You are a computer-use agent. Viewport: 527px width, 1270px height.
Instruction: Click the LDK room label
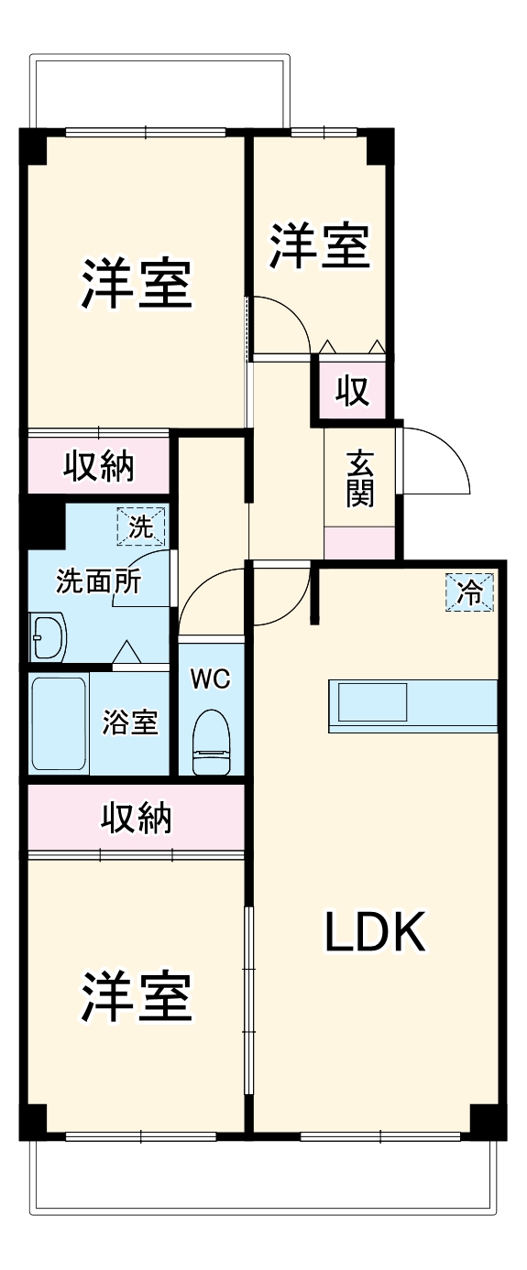(375, 932)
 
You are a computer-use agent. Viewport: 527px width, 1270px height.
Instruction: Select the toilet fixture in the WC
(211, 742)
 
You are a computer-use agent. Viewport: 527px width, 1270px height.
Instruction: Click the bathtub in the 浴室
(60, 723)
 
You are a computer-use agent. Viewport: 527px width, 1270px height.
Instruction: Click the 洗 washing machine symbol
(142, 526)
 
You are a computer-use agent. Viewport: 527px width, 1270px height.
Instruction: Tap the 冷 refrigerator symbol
(469, 592)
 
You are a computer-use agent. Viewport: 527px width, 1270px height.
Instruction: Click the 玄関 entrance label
(360, 480)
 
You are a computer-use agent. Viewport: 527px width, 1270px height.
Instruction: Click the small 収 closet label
(351, 391)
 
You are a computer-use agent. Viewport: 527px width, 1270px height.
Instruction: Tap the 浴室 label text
(130, 722)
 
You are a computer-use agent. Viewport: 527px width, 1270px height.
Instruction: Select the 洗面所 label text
(98, 582)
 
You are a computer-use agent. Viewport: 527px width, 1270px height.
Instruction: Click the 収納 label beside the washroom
(98, 466)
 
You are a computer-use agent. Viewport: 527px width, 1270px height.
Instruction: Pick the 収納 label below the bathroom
(136, 817)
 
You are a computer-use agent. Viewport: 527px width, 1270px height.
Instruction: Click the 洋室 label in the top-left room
(137, 284)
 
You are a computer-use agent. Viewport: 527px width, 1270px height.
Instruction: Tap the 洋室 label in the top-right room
(319, 245)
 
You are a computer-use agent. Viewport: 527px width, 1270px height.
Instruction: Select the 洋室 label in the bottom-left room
(137, 996)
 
